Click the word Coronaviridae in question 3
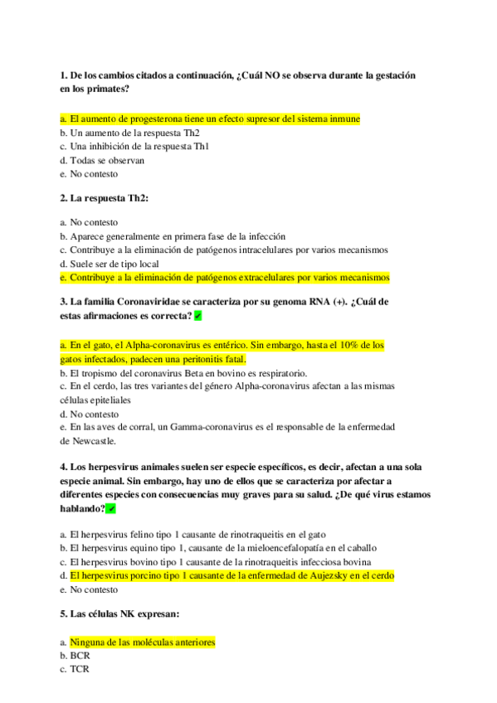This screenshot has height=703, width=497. pyautogui.click(x=146, y=302)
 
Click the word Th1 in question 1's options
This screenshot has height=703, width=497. pyautogui.click(x=201, y=147)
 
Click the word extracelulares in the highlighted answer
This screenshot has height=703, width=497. pyautogui.click(x=264, y=277)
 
